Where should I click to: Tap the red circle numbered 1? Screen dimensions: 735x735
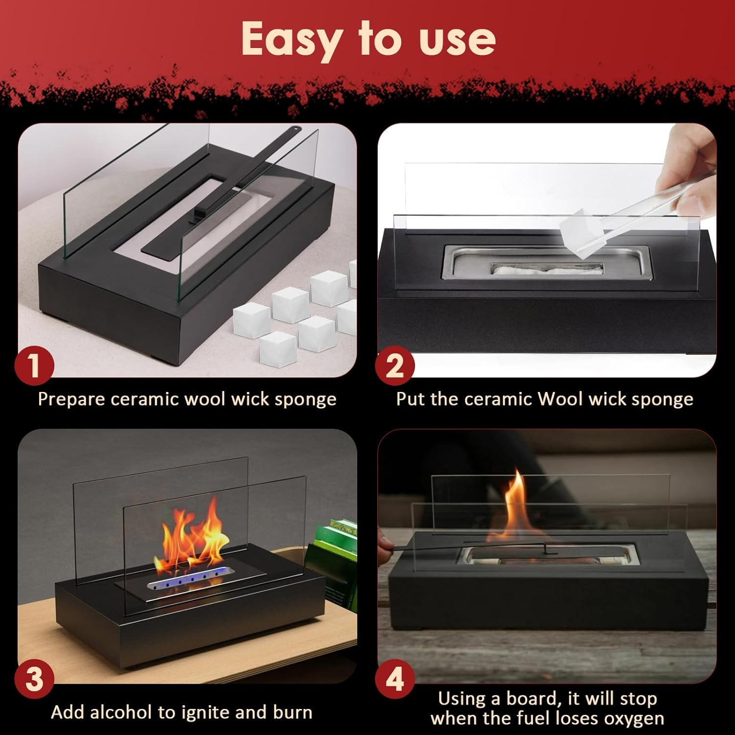pos(34,366)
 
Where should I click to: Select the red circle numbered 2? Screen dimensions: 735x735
pos(395,366)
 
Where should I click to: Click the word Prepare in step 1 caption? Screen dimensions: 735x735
pos(72,400)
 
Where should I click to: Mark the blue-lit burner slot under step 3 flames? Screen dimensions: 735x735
pos(189,578)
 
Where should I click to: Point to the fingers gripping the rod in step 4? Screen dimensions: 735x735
pos(386,543)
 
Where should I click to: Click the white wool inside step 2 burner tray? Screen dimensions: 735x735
pos(547,269)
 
